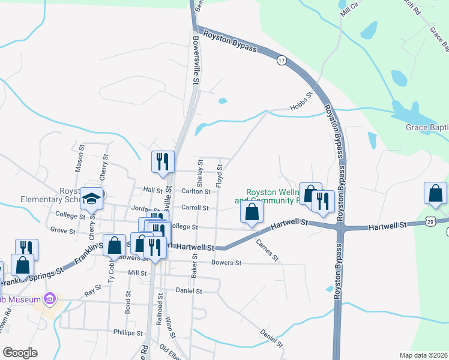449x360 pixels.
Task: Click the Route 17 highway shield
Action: coord(281,61)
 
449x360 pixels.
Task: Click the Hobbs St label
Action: coord(303,101)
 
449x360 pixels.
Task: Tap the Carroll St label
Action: coord(194,208)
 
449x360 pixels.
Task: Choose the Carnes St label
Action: coord(268,251)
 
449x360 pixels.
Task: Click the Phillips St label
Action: coord(128,332)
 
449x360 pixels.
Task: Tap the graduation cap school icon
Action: coord(92,199)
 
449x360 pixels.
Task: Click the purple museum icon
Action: coord(50,299)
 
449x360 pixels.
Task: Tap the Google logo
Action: coord(20,353)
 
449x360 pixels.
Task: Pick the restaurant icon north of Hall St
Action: coord(163,163)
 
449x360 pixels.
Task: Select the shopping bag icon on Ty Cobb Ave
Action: coord(114,245)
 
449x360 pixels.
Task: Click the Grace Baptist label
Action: coord(427,127)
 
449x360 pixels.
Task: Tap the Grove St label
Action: coord(62,230)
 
